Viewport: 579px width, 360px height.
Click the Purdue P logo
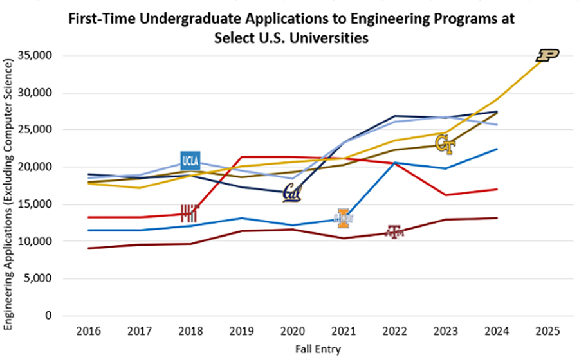(x=548, y=56)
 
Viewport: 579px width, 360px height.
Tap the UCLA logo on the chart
(x=190, y=161)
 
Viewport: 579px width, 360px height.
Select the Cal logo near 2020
(x=292, y=192)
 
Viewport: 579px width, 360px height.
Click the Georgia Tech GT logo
(x=445, y=146)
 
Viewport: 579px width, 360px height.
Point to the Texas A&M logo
(x=394, y=232)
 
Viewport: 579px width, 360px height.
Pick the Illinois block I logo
(x=344, y=219)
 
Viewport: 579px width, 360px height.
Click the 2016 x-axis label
(x=88, y=331)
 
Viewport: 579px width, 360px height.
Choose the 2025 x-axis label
(x=547, y=331)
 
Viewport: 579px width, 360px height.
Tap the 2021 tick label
(x=343, y=331)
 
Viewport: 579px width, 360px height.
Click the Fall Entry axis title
(x=317, y=349)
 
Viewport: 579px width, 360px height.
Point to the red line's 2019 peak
(x=241, y=156)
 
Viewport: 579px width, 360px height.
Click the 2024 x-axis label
(x=496, y=331)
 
